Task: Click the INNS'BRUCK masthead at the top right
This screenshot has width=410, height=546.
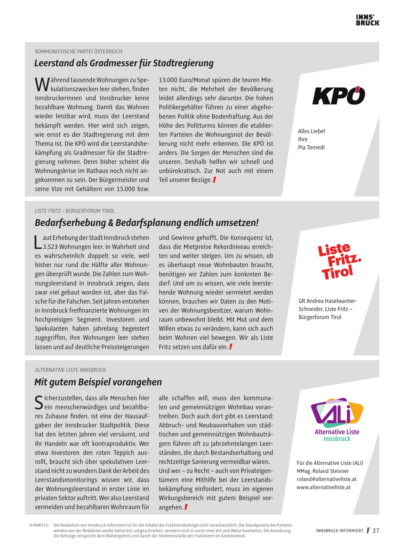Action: click(367, 20)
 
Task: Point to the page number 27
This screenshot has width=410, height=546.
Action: click(376, 531)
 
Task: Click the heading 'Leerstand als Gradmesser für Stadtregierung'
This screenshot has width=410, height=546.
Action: click(124, 63)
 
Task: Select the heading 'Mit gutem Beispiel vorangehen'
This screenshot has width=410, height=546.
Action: click(98, 382)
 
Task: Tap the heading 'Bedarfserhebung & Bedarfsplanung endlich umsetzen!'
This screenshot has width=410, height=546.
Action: click(146, 223)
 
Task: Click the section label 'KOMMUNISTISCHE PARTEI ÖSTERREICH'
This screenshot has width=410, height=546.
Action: click(78, 51)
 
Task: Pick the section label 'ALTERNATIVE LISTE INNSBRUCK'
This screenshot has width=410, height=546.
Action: click(70, 370)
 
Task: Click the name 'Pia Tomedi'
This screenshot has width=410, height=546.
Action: click(311, 147)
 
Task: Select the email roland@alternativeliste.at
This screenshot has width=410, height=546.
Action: click(327, 479)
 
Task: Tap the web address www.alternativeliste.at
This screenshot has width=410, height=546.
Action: click(323, 487)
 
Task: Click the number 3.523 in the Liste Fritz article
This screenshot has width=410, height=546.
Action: click(50, 247)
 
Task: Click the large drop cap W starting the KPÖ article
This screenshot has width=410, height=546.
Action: click(40, 84)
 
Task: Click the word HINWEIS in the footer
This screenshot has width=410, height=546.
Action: click(39, 526)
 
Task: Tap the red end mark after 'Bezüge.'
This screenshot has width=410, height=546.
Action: click(214, 180)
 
